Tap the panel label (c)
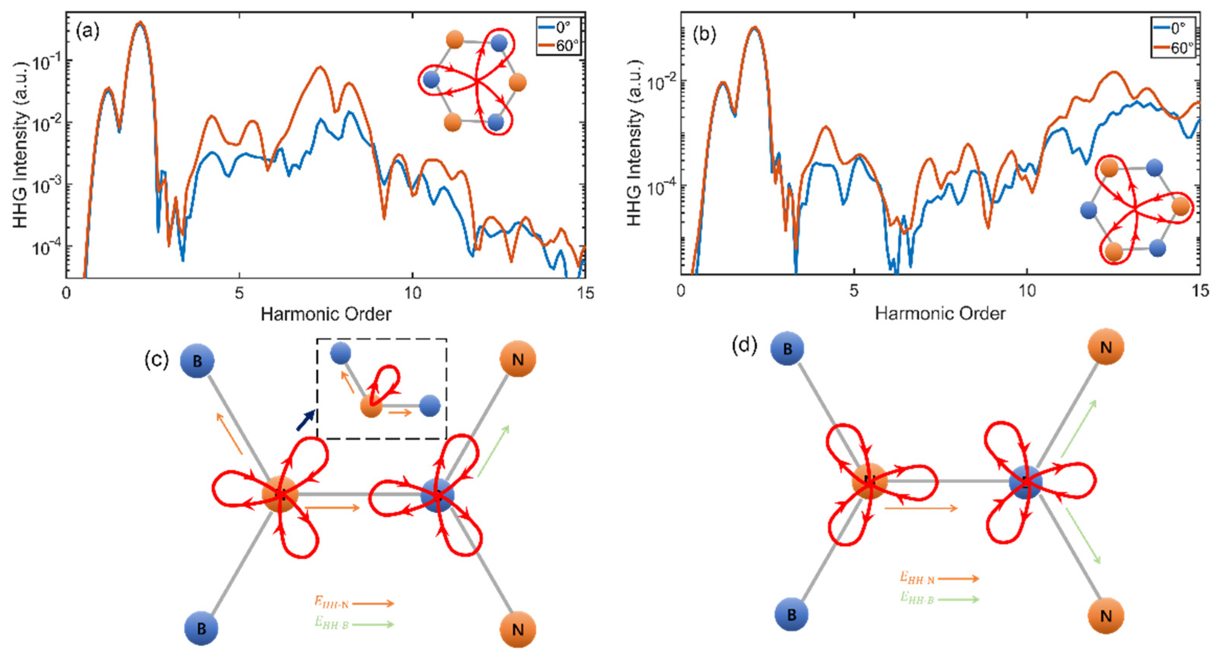[x=156, y=360]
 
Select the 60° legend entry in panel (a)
[x=559, y=45]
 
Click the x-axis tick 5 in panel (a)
[x=239, y=294]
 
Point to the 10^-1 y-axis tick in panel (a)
[x=45, y=61]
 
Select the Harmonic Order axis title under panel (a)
[x=326, y=314]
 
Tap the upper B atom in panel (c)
[x=197, y=361]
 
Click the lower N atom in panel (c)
[x=518, y=630]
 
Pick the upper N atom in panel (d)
[x=1106, y=347]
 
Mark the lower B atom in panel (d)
[x=791, y=614]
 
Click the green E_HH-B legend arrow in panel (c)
[x=373, y=624]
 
